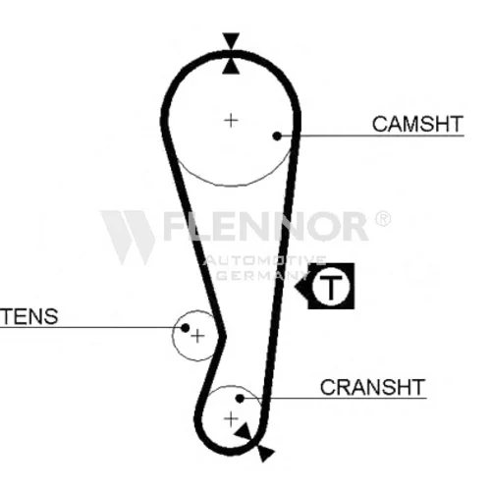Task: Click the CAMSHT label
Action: pyautogui.click(x=417, y=124)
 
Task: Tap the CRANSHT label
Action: pyautogui.click(x=372, y=387)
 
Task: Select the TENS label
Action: pyautogui.click(x=28, y=316)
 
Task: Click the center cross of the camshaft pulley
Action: pyautogui.click(x=231, y=121)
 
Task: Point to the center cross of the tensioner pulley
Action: pyautogui.click(x=197, y=336)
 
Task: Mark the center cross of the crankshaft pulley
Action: pyautogui.click(x=231, y=418)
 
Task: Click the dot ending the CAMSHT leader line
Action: pyautogui.click(x=277, y=136)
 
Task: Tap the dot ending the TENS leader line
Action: pyautogui.click(x=185, y=328)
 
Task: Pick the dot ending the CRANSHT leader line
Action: pyautogui.click(x=240, y=399)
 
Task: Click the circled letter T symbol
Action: pyautogui.click(x=331, y=286)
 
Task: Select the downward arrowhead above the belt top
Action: pyautogui.click(x=231, y=41)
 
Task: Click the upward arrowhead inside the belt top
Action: pyautogui.click(x=231, y=66)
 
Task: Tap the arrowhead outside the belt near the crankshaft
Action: pyautogui.click(x=265, y=453)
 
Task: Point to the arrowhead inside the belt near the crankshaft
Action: pyautogui.click(x=245, y=432)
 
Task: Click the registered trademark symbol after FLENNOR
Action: pyautogui.click(x=382, y=219)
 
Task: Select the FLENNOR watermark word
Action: pyautogui.click(x=265, y=226)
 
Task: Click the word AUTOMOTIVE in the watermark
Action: pyautogui.click(x=264, y=260)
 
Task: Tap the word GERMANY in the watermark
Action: pyautogui.click(x=263, y=275)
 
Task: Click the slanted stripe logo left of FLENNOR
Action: pyautogui.click(x=129, y=237)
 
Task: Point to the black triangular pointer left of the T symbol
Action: pyautogui.click(x=301, y=287)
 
